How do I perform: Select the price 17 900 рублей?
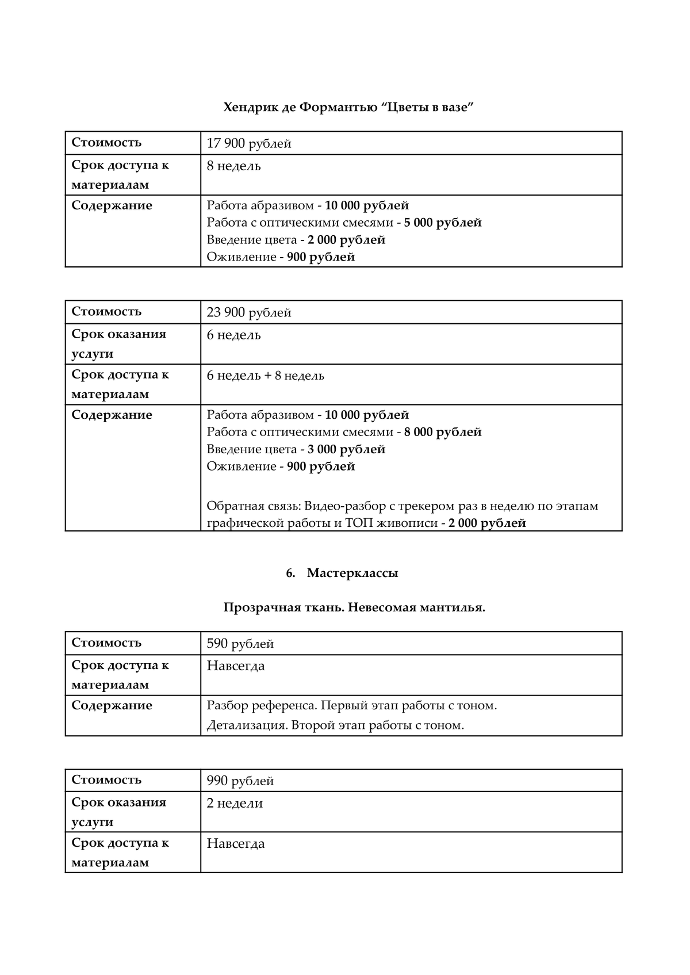pyautogui.click(x=249, y=144)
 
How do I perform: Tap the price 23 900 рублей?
pyautogui.click(x=249, y=313)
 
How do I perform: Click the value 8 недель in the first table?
pyautogui.click(x=233, y=166)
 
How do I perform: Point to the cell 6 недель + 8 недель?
pyautogui.click(x=265, y=376)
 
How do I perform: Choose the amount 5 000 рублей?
pyautogui.click(x=443, y=223)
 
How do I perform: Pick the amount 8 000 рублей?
pyautogui.click(x=443, y=432)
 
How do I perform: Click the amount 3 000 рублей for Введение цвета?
pyautogui.click(x=346, y=449)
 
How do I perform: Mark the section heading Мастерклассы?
pyautogui.click(x=352, y=573)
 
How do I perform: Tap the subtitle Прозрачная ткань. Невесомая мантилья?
pyautogui.click(x=354, y=607)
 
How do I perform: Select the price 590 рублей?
pyautogui.click(x=240, y=644)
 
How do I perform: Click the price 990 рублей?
pyautogui.click(x=240, y=781)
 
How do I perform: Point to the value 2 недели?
pyautogui.click(x=235, y=804)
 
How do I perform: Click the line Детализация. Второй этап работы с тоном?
pyautogui.click(x=335, y=725)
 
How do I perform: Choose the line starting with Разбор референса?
pyautogui.click(x=351, y=706)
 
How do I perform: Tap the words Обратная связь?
pyautogui.click(x=252, y=506)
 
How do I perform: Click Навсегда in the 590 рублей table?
pyautogui.click(x=236, y=666)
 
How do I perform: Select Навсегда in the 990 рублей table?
pyautogui.click(x=236, y=844)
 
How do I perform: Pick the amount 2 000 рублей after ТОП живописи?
pyautogui.click(x=487, y=523)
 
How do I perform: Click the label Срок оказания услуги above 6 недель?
pyautogui.click(x=118, y=344)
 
